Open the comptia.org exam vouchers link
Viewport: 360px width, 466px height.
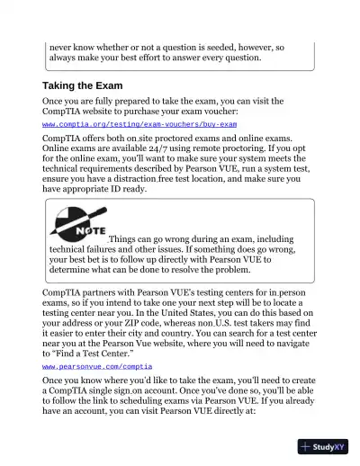139,123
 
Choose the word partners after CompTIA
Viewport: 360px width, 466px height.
99,293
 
